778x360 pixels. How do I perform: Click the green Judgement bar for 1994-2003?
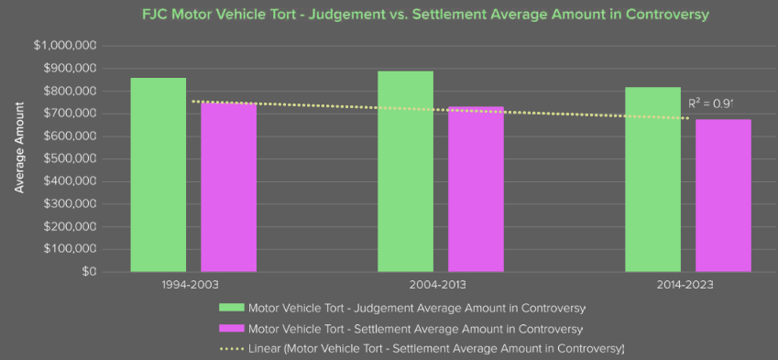click(159, 175)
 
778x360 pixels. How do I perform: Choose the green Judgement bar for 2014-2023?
click(652, 180)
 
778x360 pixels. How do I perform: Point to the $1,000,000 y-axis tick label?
click(65, 46)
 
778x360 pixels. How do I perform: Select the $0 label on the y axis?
click(89, 272)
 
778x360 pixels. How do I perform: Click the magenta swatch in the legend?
click(231, 328)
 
